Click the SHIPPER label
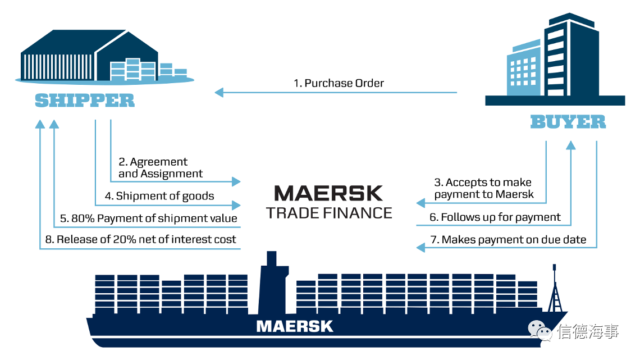click(84, 101)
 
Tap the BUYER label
click(568, 122)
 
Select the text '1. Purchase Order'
click(339, 83)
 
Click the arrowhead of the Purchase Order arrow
click(219, 93)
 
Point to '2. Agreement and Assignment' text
click(161, 168)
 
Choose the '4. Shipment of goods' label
click(159, 197)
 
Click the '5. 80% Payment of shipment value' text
click(149, 218)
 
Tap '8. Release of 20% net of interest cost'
click(141, 239)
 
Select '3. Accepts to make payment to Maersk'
click(484, 188)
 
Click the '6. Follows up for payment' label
click(495, 217)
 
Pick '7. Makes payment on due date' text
click(508, 240)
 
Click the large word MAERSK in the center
click(328, 193)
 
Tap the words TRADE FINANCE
click(329, 213)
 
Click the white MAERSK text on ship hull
click(295, 326)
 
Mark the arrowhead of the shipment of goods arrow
click(236, 205)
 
